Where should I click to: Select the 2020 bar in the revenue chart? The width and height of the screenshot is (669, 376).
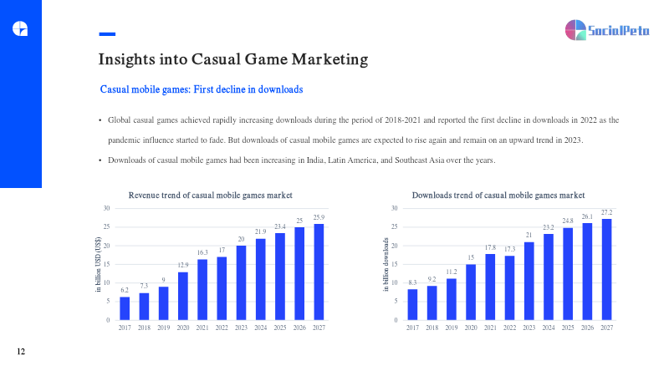pyautogui.click(x=183, y=296)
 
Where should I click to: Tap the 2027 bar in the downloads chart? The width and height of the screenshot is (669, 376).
pyautogui.click(x=606, y=269)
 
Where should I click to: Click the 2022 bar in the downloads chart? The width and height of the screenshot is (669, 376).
pyautogui.click(x=510, y=287)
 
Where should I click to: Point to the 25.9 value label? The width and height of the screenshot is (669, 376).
pyautogui.click(x=319, y=217)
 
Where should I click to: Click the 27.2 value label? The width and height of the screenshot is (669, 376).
pyautogui.click(x=606, y=212)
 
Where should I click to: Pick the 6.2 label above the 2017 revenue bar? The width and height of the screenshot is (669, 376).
pyautogui.click(x=125, y=290)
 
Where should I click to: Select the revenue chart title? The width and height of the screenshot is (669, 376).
pyautogui.click(x=210, y=195)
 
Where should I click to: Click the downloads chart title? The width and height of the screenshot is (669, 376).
pyautogui.click(x=498, y=195)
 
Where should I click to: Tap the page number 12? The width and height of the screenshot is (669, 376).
pyautogui.click(x=22, y=352)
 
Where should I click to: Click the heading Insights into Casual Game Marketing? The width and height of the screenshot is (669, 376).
pyautogui.click(x=233, y=59)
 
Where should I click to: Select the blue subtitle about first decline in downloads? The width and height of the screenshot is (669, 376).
pyautogui.click(x=202, y=89)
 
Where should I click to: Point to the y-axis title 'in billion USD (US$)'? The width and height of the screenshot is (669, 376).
pyautogui.click(x=99, y=264)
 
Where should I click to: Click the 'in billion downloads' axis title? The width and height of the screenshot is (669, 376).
pyautogui.click(x=386, y=264)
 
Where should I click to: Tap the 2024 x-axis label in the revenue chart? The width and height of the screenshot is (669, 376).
pyautogui.click(x=260, y=328)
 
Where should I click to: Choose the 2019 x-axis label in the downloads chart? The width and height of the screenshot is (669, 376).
pyautogui.click(x=452, y=328)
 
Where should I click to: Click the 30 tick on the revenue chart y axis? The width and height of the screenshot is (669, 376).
pyautogui.click(x=105, y=207)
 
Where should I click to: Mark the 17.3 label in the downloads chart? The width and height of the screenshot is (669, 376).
pyautogui.click(x=510, y=248)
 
